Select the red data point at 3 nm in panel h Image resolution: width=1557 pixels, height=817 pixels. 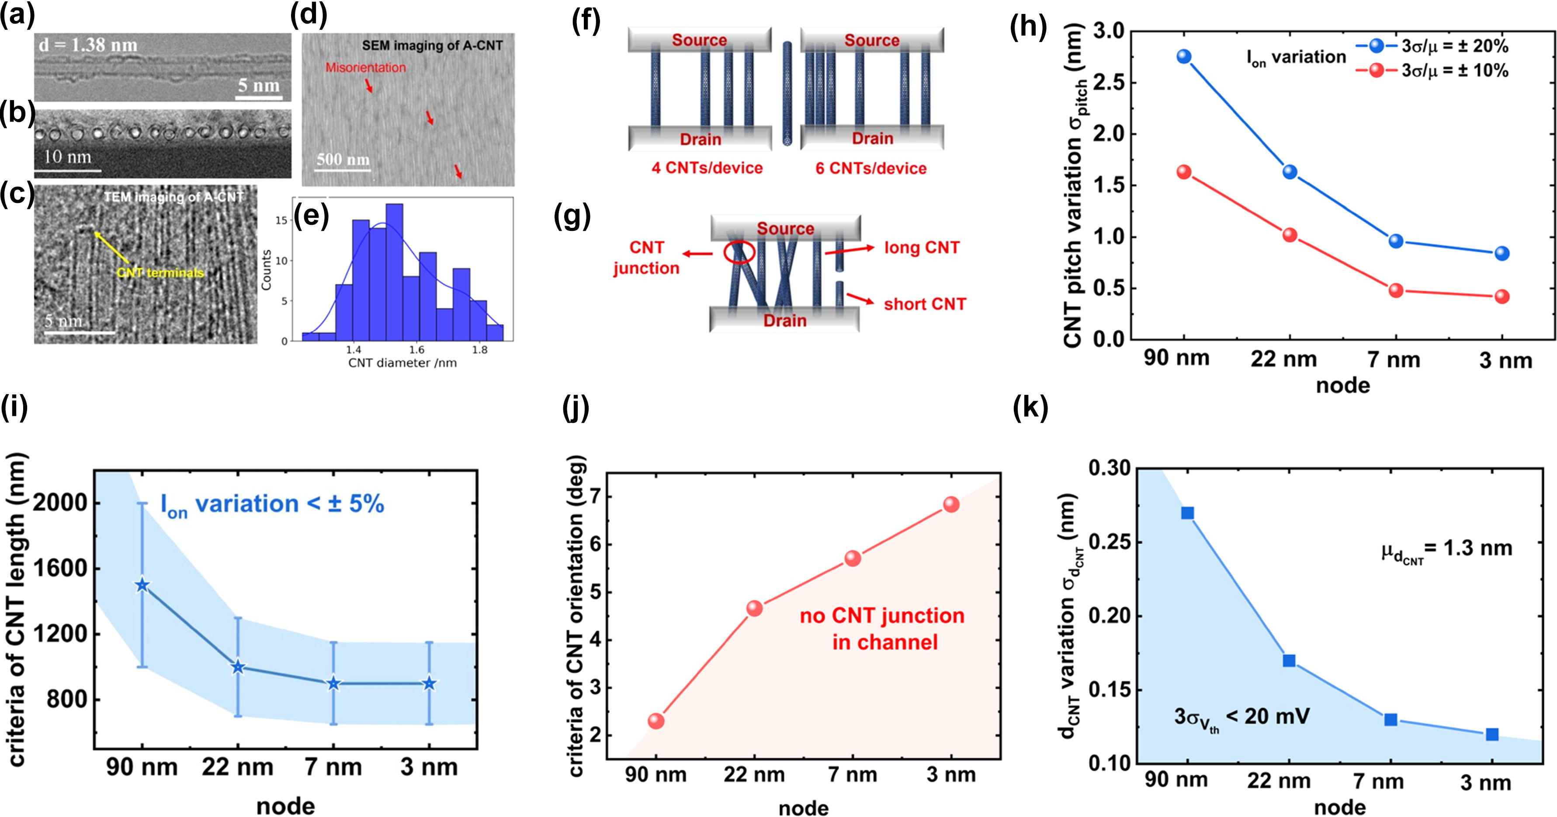1502,297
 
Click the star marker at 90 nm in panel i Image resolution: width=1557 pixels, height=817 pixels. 142,585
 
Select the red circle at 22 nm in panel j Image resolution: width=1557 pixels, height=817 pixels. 754,608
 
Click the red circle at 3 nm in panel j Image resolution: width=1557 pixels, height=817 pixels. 951,504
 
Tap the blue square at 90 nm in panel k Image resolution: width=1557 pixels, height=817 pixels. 1187,513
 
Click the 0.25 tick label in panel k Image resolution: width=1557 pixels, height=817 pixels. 1111,542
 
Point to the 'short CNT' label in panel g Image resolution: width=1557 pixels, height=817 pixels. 925,304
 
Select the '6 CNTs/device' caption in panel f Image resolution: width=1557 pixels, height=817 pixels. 870,168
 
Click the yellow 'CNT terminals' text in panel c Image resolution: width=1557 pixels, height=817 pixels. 160,273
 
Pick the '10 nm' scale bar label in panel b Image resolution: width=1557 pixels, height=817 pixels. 67,157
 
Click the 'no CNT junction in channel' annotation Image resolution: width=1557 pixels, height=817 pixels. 882,629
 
